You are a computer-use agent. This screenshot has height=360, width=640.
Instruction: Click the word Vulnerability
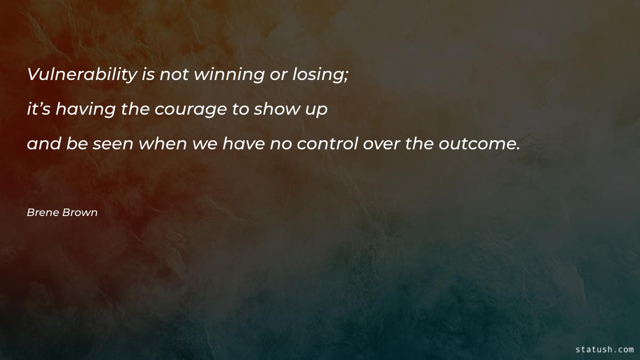click(x=82, y=75)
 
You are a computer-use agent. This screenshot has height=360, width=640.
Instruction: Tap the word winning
click(x=229, y=75)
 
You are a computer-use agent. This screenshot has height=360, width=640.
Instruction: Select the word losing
click(x=318, y=75)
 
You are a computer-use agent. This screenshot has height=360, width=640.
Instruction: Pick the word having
click(x=86, y=109)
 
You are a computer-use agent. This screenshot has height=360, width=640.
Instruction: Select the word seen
click(x=113, y=143)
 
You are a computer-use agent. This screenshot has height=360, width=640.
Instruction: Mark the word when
click(x=163, y=143)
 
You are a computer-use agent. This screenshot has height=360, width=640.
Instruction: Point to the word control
click(x=327, y=143)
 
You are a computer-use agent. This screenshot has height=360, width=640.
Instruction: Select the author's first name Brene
click(x=43, y=213)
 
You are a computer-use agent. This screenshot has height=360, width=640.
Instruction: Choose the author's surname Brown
click(x=79, y=213)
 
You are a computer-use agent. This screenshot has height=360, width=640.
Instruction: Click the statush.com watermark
click(x=604, y=349)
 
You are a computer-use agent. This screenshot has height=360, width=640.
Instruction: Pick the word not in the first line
click(x=174, y=75)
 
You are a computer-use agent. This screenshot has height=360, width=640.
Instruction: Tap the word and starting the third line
click(x=44, y=143)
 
